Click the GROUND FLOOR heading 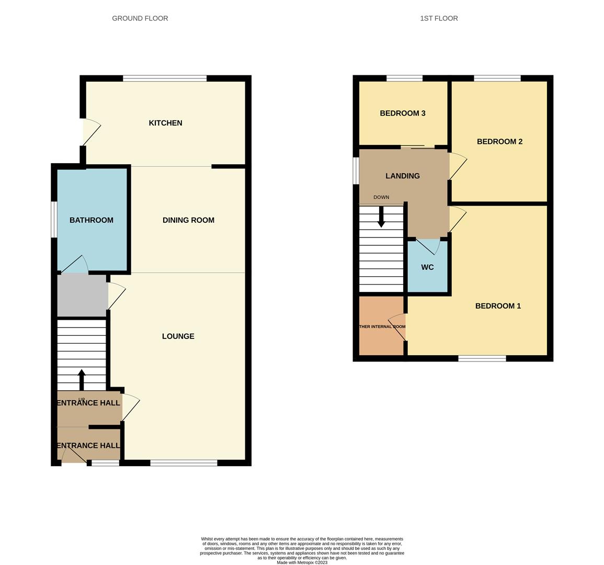tap(140, 18)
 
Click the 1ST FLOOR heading tap(439, 18)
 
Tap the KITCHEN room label tap(165, 123)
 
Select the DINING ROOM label tap(188, 220)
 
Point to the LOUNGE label tap(178, 336)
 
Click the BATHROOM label tap(92, 220)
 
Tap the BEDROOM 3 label tap(402, 113)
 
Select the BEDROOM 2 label tap(499, 141)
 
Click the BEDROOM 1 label tap(498, 306)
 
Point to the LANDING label tap(402, 176)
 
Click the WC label tap(427, 267)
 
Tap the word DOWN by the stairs tap(381, 197)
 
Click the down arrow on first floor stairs tap(381, 217)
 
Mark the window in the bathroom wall tap(54, 219)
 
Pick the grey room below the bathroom tap(82, 295)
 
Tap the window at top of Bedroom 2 tap(497, 78)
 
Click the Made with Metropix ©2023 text tap(302, 563)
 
